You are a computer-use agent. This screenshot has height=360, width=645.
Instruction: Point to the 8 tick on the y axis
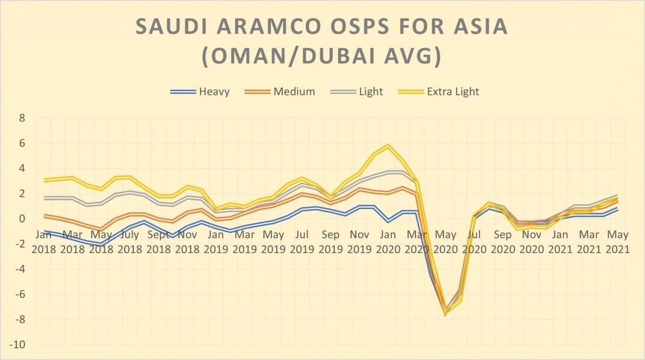21,118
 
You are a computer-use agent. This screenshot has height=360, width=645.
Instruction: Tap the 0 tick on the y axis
21,219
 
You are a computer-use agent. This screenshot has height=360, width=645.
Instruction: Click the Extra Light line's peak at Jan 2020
388,146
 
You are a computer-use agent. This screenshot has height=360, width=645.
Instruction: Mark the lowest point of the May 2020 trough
445,314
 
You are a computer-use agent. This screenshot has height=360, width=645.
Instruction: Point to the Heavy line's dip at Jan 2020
388,221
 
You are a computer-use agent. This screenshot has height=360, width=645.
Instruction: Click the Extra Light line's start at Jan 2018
45,180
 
